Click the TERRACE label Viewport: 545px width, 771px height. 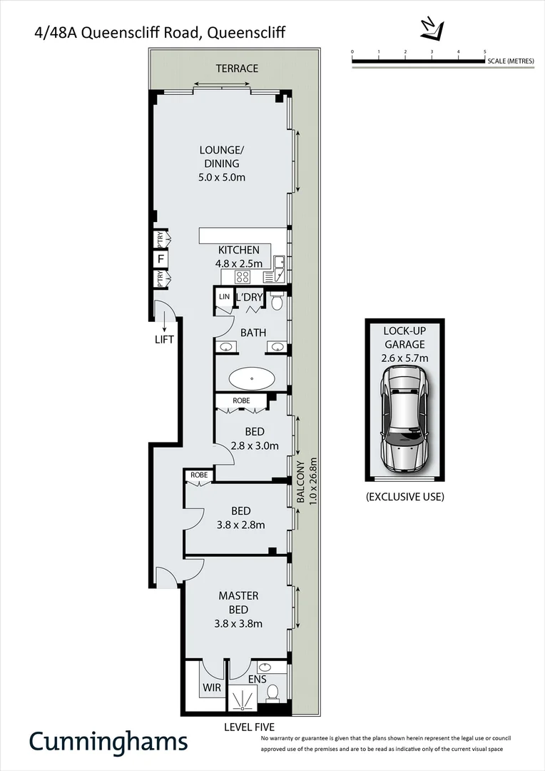[x=238, y=69]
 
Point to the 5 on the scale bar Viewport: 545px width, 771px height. [x=485, y=51]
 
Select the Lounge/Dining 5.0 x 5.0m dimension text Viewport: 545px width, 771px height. [x=222, y=176]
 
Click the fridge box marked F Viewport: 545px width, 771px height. [x=161, y=258]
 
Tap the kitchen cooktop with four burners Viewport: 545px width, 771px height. [x=243, y=277]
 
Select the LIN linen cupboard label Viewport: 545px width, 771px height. [x=225, y=296]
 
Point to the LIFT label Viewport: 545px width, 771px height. [x=164, y=339]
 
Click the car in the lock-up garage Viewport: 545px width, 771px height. [x=404, y=419]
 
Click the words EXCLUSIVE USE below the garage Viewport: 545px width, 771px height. [x=404, y=496]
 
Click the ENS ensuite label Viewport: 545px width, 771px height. [x=257, y=679]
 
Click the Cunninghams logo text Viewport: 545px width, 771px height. [x=108, y=741]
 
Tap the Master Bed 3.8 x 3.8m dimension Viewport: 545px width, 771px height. [x=238, y=623]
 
